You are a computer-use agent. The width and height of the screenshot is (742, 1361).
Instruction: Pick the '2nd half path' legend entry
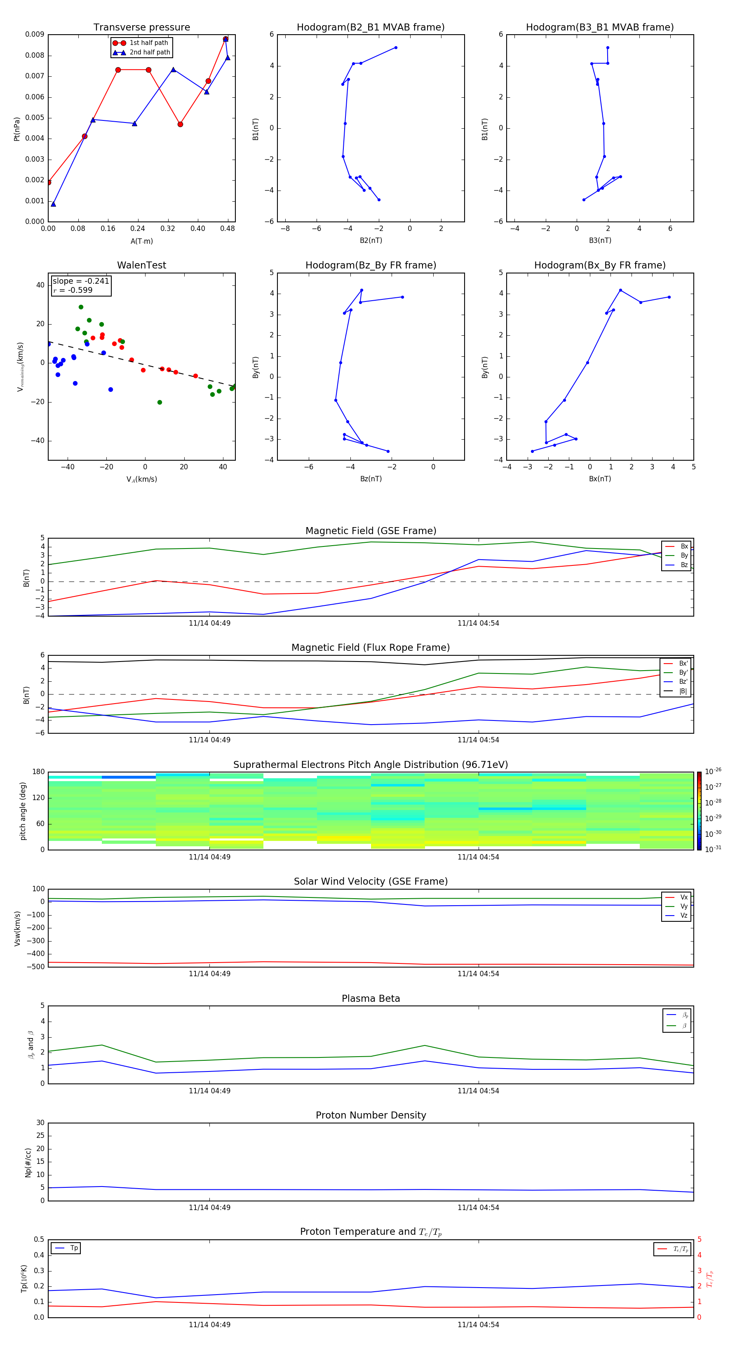(150, 52)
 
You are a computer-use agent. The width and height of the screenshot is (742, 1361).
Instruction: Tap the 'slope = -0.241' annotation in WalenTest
(81, 281)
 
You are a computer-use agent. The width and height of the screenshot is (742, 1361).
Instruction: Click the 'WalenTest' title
(141, 265)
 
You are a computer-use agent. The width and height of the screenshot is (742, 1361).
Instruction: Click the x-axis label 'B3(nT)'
(600, 240)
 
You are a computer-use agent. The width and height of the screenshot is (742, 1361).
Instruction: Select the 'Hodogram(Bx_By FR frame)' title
(599, 265)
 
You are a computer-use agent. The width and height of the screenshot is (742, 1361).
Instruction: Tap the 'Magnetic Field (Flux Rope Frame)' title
(370, 648)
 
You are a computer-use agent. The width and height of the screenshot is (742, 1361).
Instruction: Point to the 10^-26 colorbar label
(713, 771)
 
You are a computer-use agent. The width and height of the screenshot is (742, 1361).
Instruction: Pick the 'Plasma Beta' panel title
(370, 998)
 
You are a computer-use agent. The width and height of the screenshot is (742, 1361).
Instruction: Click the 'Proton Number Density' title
(370, 1115)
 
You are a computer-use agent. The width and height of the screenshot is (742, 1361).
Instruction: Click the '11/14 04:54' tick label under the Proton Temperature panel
(478, 1325)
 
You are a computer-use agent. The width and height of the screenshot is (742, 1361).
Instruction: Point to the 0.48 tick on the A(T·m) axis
(228, 229)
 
